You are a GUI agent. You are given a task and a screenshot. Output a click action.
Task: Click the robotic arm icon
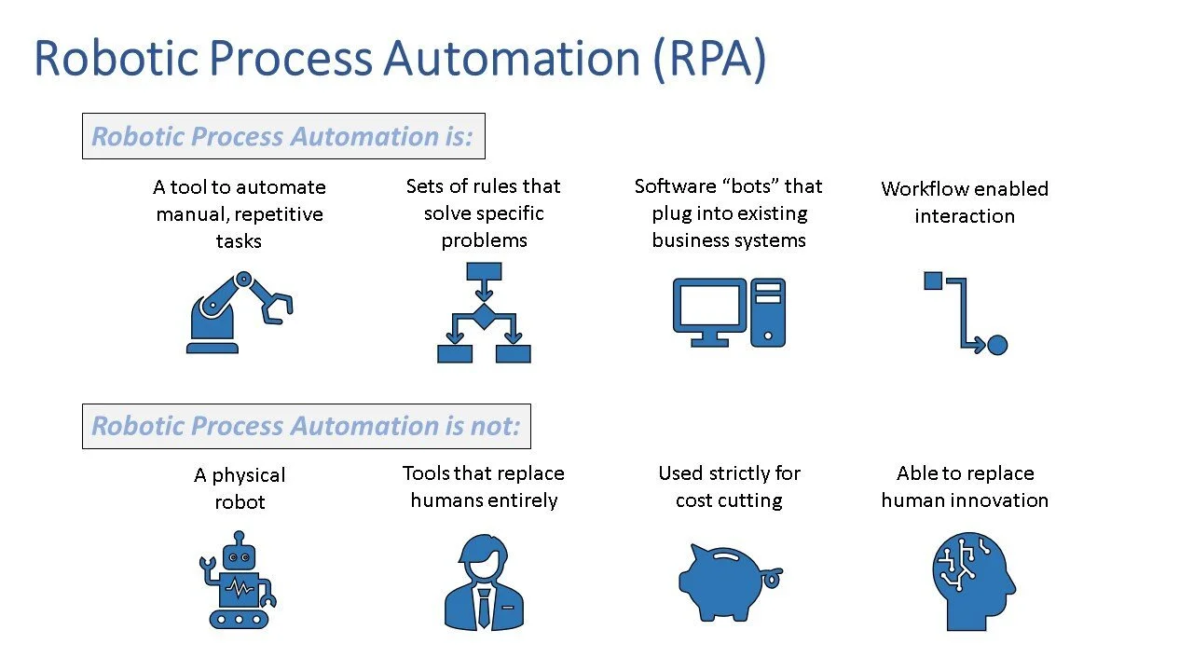(x=239, y=311)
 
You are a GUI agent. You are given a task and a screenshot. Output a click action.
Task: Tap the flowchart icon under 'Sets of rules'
(x=484, y=312)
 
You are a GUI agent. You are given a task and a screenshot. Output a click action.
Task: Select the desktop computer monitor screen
(x=709, y=306)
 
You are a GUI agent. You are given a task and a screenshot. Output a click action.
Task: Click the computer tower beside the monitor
(x=768, y=313)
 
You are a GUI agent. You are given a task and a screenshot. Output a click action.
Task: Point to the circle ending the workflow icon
(x=996, y=346)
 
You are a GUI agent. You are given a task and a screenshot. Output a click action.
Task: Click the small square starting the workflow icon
(x=933, y=281)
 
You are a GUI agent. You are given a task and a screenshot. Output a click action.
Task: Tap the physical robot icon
(x=238, y=579)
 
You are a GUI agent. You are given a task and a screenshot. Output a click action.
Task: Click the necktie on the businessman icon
(x=483, y=607)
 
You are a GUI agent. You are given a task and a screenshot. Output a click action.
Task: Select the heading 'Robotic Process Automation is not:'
(x=306, y=426)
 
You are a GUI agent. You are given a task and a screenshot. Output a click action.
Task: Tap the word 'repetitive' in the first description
(x=278, y=214)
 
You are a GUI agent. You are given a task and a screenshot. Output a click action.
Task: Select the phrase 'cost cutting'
(x=729, y=500)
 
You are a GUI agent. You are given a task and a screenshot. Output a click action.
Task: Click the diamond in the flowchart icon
(x=484, y=316)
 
